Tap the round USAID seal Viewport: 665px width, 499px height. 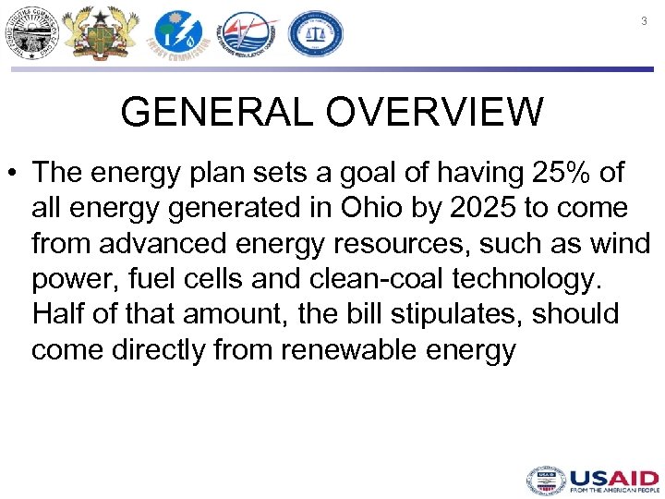(545, 481)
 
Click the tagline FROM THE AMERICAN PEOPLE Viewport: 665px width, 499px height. (613, 490)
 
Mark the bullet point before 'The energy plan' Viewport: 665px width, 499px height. (14, 174)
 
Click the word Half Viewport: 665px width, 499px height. (59, 313)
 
